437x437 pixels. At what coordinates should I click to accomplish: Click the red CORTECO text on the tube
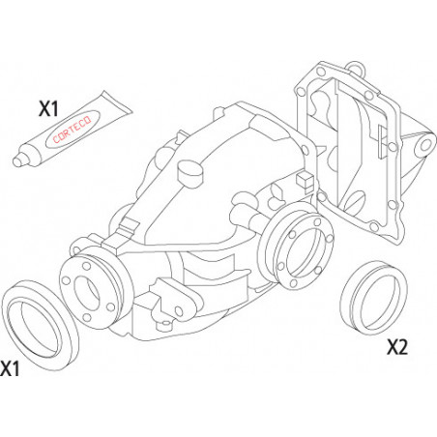(73, 130)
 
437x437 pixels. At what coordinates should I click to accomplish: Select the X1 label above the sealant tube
(48, 108)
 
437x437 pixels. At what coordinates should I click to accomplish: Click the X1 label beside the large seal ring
(10, 368)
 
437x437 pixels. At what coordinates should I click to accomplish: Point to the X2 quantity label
(397, 347)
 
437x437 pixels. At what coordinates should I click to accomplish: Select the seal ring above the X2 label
(374, 298)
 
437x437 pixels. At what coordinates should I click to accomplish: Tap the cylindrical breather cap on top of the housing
(190, 173)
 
